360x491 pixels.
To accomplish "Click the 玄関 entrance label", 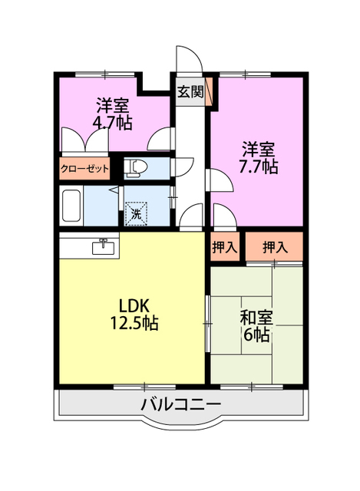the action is click(x=190, y=91).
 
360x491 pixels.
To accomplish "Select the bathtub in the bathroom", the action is click(x=71, y=206).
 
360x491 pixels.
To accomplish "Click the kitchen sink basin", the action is click(x=104, y=246).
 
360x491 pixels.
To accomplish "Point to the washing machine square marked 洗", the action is click(x=136, y=214).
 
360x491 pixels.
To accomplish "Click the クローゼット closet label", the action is click(x=84, y=169).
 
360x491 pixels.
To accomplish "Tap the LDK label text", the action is click(x=134, y=306).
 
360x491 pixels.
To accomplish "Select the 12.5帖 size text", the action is click(x=134, y=323).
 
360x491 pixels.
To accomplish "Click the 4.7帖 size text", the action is click(x=112, y=123).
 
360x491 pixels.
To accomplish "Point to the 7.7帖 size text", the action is click(x=258, y=166).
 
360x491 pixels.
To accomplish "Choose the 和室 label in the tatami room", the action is click(x=256, y=318).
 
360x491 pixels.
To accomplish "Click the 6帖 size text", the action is click(x=256, y=335).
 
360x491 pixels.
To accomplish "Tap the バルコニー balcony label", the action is click(x=181, y=405).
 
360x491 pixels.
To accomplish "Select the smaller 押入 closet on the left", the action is click(x=224, y=247).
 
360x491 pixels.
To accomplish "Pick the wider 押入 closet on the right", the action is click(x=274, y=247).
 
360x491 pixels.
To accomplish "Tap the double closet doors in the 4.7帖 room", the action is click(x=84, y=140).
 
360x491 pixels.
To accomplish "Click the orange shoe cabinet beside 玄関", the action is click(x=209, y=91).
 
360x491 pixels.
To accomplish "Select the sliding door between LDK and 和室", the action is click(x=208, y=323).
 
